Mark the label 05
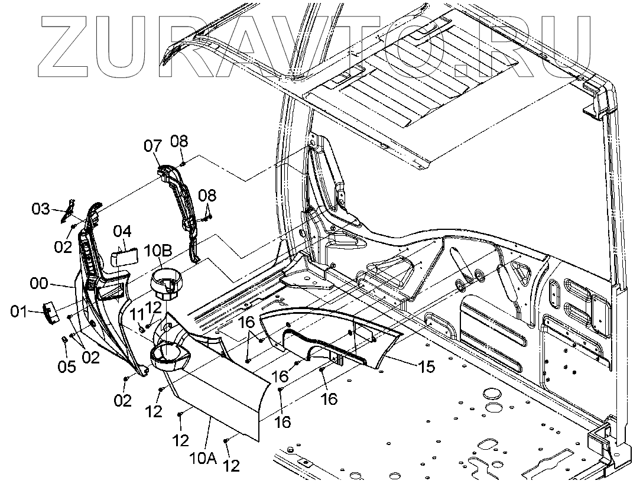[x=67, y=367]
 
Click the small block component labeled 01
[x=51, y=311]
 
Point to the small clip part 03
[x=69, y=210]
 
